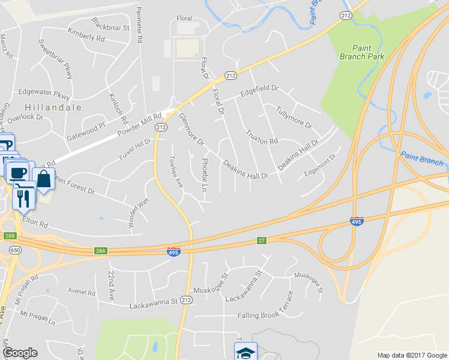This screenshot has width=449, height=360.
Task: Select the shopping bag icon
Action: click(44, 179)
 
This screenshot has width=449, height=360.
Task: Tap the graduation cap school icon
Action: click(245, 352)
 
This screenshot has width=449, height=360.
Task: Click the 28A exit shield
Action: click(100, 251)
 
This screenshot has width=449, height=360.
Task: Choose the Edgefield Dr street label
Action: click(259, 90)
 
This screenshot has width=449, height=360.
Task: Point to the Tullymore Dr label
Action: click(294, 116)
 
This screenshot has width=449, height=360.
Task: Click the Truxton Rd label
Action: click(262, 137)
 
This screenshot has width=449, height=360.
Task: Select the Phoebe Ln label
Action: click(205, 171)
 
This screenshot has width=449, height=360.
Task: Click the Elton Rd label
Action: click(35, 222)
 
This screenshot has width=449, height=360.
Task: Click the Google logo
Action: click(20, 353)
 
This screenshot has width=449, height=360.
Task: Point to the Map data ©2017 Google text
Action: click(412, 355)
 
